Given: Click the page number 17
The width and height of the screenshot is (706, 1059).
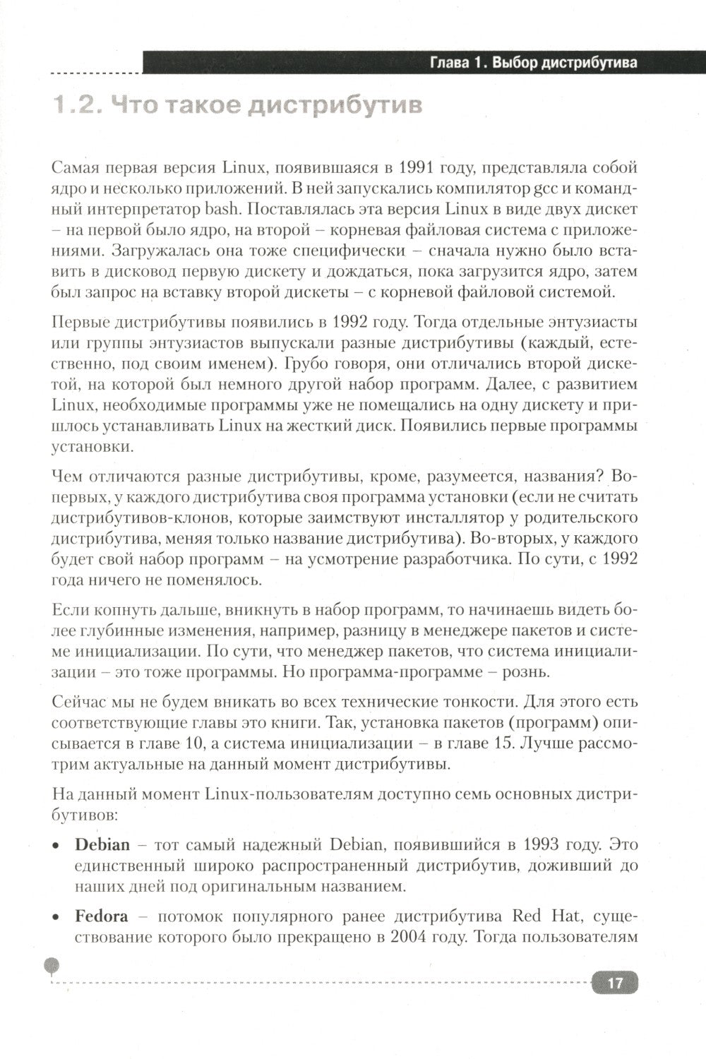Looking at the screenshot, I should pos(615,982).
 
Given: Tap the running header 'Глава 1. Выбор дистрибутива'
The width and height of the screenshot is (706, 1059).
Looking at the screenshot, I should pos(534,63).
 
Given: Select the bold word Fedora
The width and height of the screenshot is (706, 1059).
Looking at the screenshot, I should pos(102,917).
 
